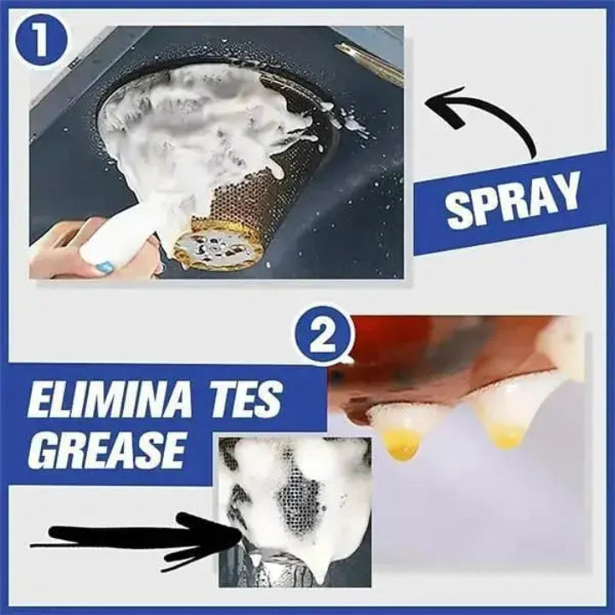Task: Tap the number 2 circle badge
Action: pyautogui.click(x=322, y=337)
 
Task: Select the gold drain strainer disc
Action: pyautogui.click(x=210, y=249)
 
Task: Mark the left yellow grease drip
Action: pyautogui.click(x=401, y=442)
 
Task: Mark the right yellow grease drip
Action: pyautogui.click(x=506, y=435)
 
